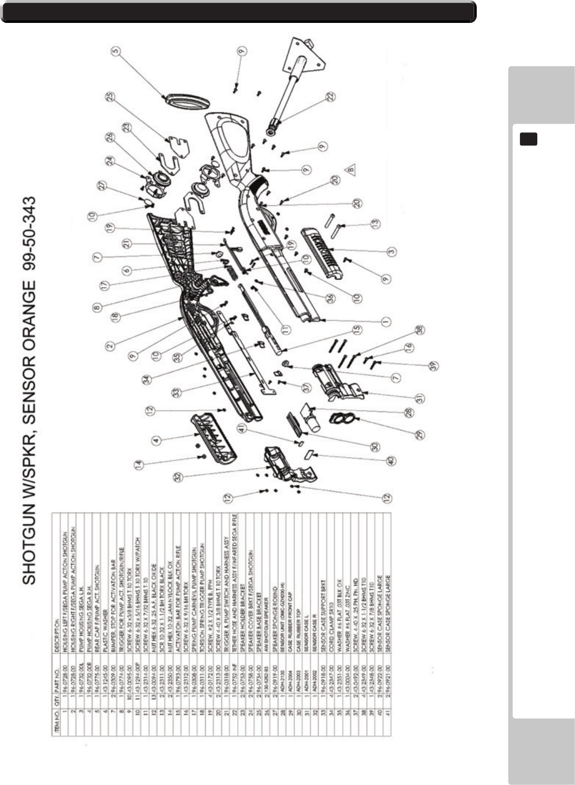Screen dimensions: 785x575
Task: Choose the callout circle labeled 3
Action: click(392, 251)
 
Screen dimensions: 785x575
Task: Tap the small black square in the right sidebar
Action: click(528, 138)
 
